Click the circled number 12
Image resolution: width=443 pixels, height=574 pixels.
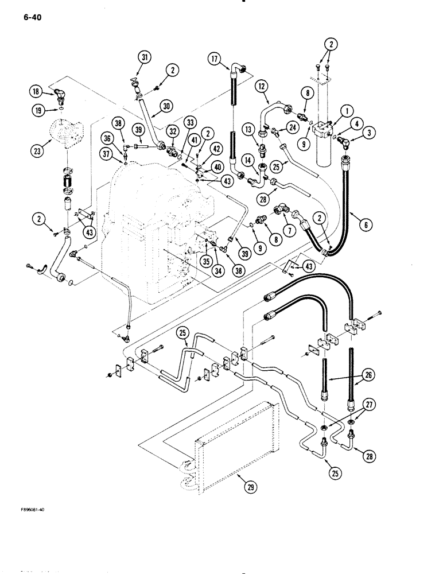(x=263, y=86)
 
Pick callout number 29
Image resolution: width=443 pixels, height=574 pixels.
(x=250, y=488)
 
